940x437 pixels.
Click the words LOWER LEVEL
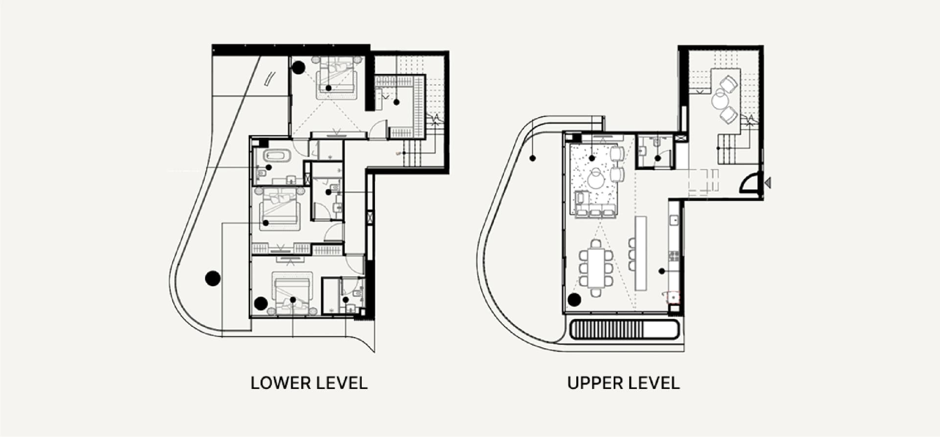[309, 383]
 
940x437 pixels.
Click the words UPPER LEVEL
[623, 383]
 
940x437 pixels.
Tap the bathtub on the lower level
[277, 156]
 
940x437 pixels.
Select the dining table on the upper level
[596, 267]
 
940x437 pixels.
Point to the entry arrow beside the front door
[768, 183]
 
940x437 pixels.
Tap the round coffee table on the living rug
[597, 179]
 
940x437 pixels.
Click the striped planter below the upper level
[624, 329]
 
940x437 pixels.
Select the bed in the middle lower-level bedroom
[280, 208]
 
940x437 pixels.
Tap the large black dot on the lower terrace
[212, 278]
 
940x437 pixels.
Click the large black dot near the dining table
[574, 299]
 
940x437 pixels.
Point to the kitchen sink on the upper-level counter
[674, 220]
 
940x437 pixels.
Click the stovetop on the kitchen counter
[674, 256]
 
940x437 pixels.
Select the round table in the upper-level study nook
[720, 100]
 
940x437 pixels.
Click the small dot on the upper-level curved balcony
[533, 158]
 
